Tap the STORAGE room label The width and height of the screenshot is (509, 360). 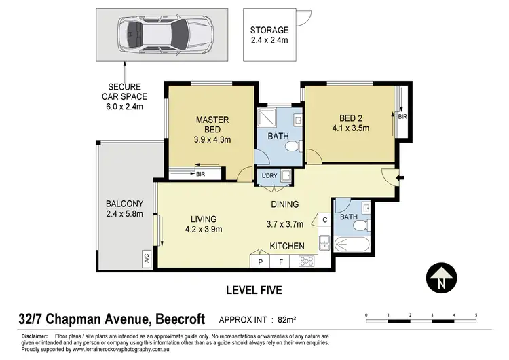(269, 31)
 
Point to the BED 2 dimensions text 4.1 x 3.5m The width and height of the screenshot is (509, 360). (350, 126)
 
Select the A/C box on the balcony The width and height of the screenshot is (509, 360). (146, 258)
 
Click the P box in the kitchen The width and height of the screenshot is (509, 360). (259, 261)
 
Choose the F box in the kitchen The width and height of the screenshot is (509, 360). (280, 261)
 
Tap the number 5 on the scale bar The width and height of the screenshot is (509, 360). (476, 315)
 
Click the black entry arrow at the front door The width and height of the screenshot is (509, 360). (401, 179)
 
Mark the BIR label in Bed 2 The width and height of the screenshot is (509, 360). (403, 116)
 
